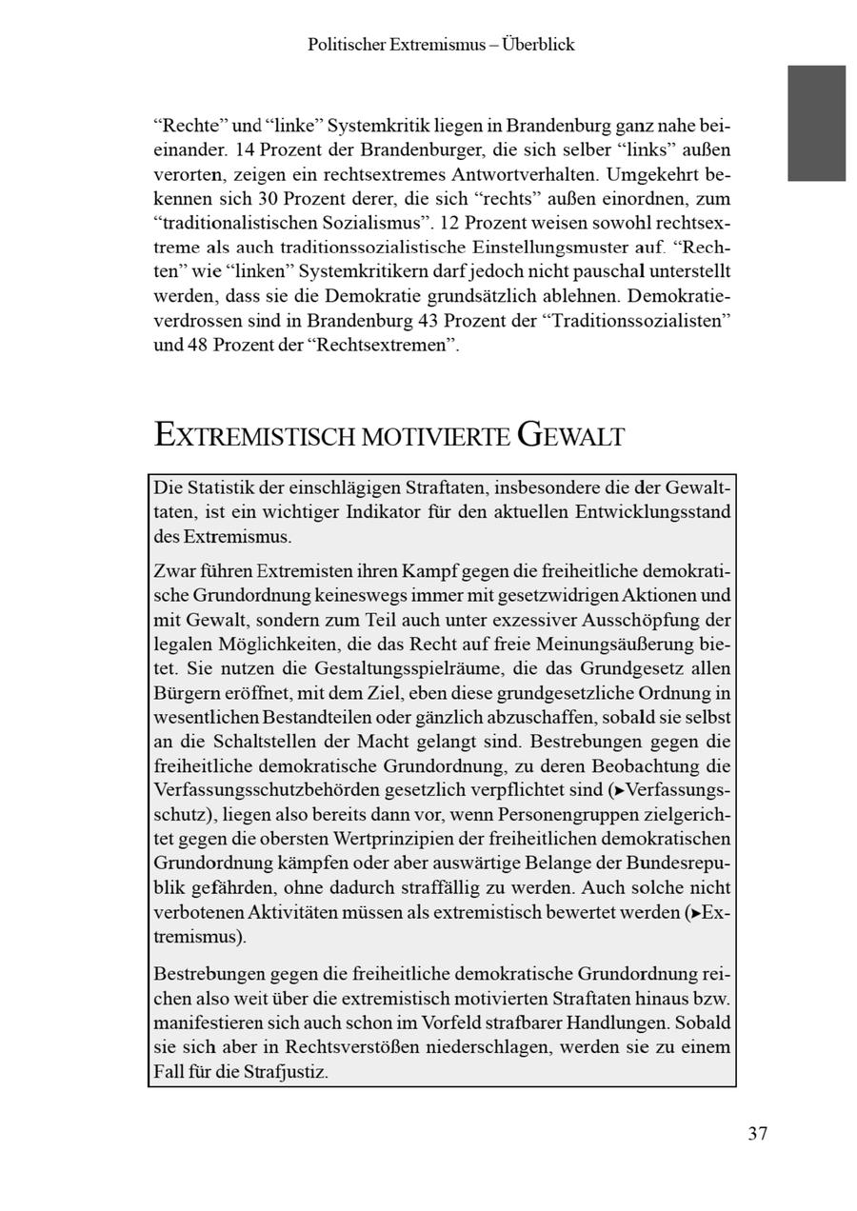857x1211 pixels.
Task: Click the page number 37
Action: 757,1133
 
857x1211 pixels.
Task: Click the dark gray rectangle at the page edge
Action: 816,123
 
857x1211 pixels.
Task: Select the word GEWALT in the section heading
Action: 571,436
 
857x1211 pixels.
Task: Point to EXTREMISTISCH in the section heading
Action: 254,436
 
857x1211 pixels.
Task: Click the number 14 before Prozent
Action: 244,150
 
